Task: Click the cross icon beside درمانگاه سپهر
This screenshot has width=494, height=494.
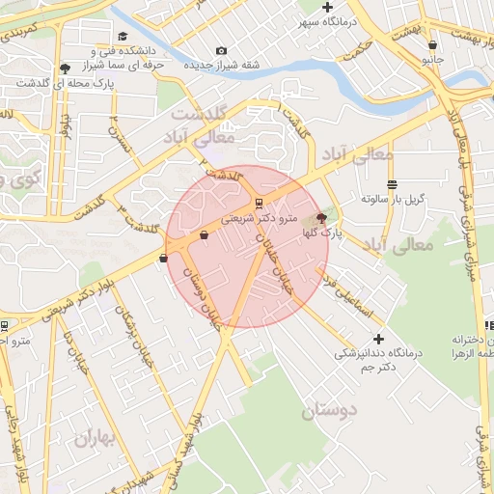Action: (x=328, y=8)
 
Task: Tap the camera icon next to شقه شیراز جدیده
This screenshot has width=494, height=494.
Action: (x=222, y=51)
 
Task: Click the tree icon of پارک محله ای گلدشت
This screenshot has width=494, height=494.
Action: (x=65, y=68)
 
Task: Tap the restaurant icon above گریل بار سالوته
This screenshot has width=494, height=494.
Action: (x=392, y=183)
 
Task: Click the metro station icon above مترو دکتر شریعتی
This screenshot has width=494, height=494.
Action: (x=259, y=203)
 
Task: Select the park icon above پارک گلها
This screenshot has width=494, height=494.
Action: (x=321, y=218)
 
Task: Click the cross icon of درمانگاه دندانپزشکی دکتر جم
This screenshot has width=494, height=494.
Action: (x=378, y=339)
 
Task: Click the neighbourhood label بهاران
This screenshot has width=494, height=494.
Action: (x=95, y=439)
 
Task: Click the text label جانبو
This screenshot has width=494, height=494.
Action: (x=432, y=58)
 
